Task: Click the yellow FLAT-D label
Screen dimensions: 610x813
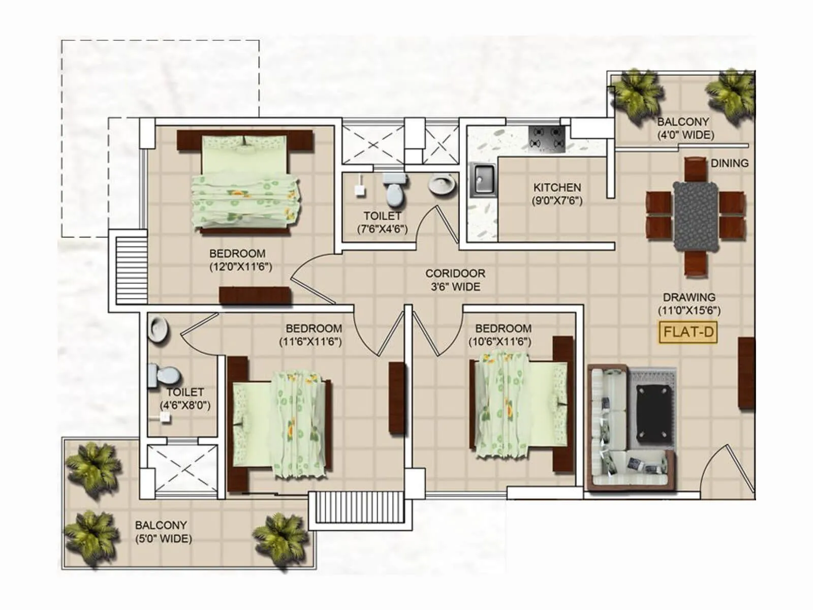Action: [689, 332]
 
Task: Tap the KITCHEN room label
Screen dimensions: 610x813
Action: [557, 188]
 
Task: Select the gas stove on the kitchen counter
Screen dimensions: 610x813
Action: [547, 138]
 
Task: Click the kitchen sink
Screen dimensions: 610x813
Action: [482, 180]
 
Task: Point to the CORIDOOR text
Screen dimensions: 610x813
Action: [455, 273]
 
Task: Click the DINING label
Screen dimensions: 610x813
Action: [729, 163]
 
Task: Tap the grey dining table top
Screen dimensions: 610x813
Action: [696, 216]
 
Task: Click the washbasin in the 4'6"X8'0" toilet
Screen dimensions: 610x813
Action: [159, 329]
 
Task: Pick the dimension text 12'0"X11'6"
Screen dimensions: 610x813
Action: [241, 267]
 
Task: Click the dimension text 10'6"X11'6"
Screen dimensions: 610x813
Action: [500, 342]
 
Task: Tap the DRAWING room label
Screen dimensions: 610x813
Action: [689, 297]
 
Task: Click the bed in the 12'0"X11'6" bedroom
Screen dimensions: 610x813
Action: [245, 183]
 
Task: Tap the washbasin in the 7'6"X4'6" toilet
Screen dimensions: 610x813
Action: [442, 184]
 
